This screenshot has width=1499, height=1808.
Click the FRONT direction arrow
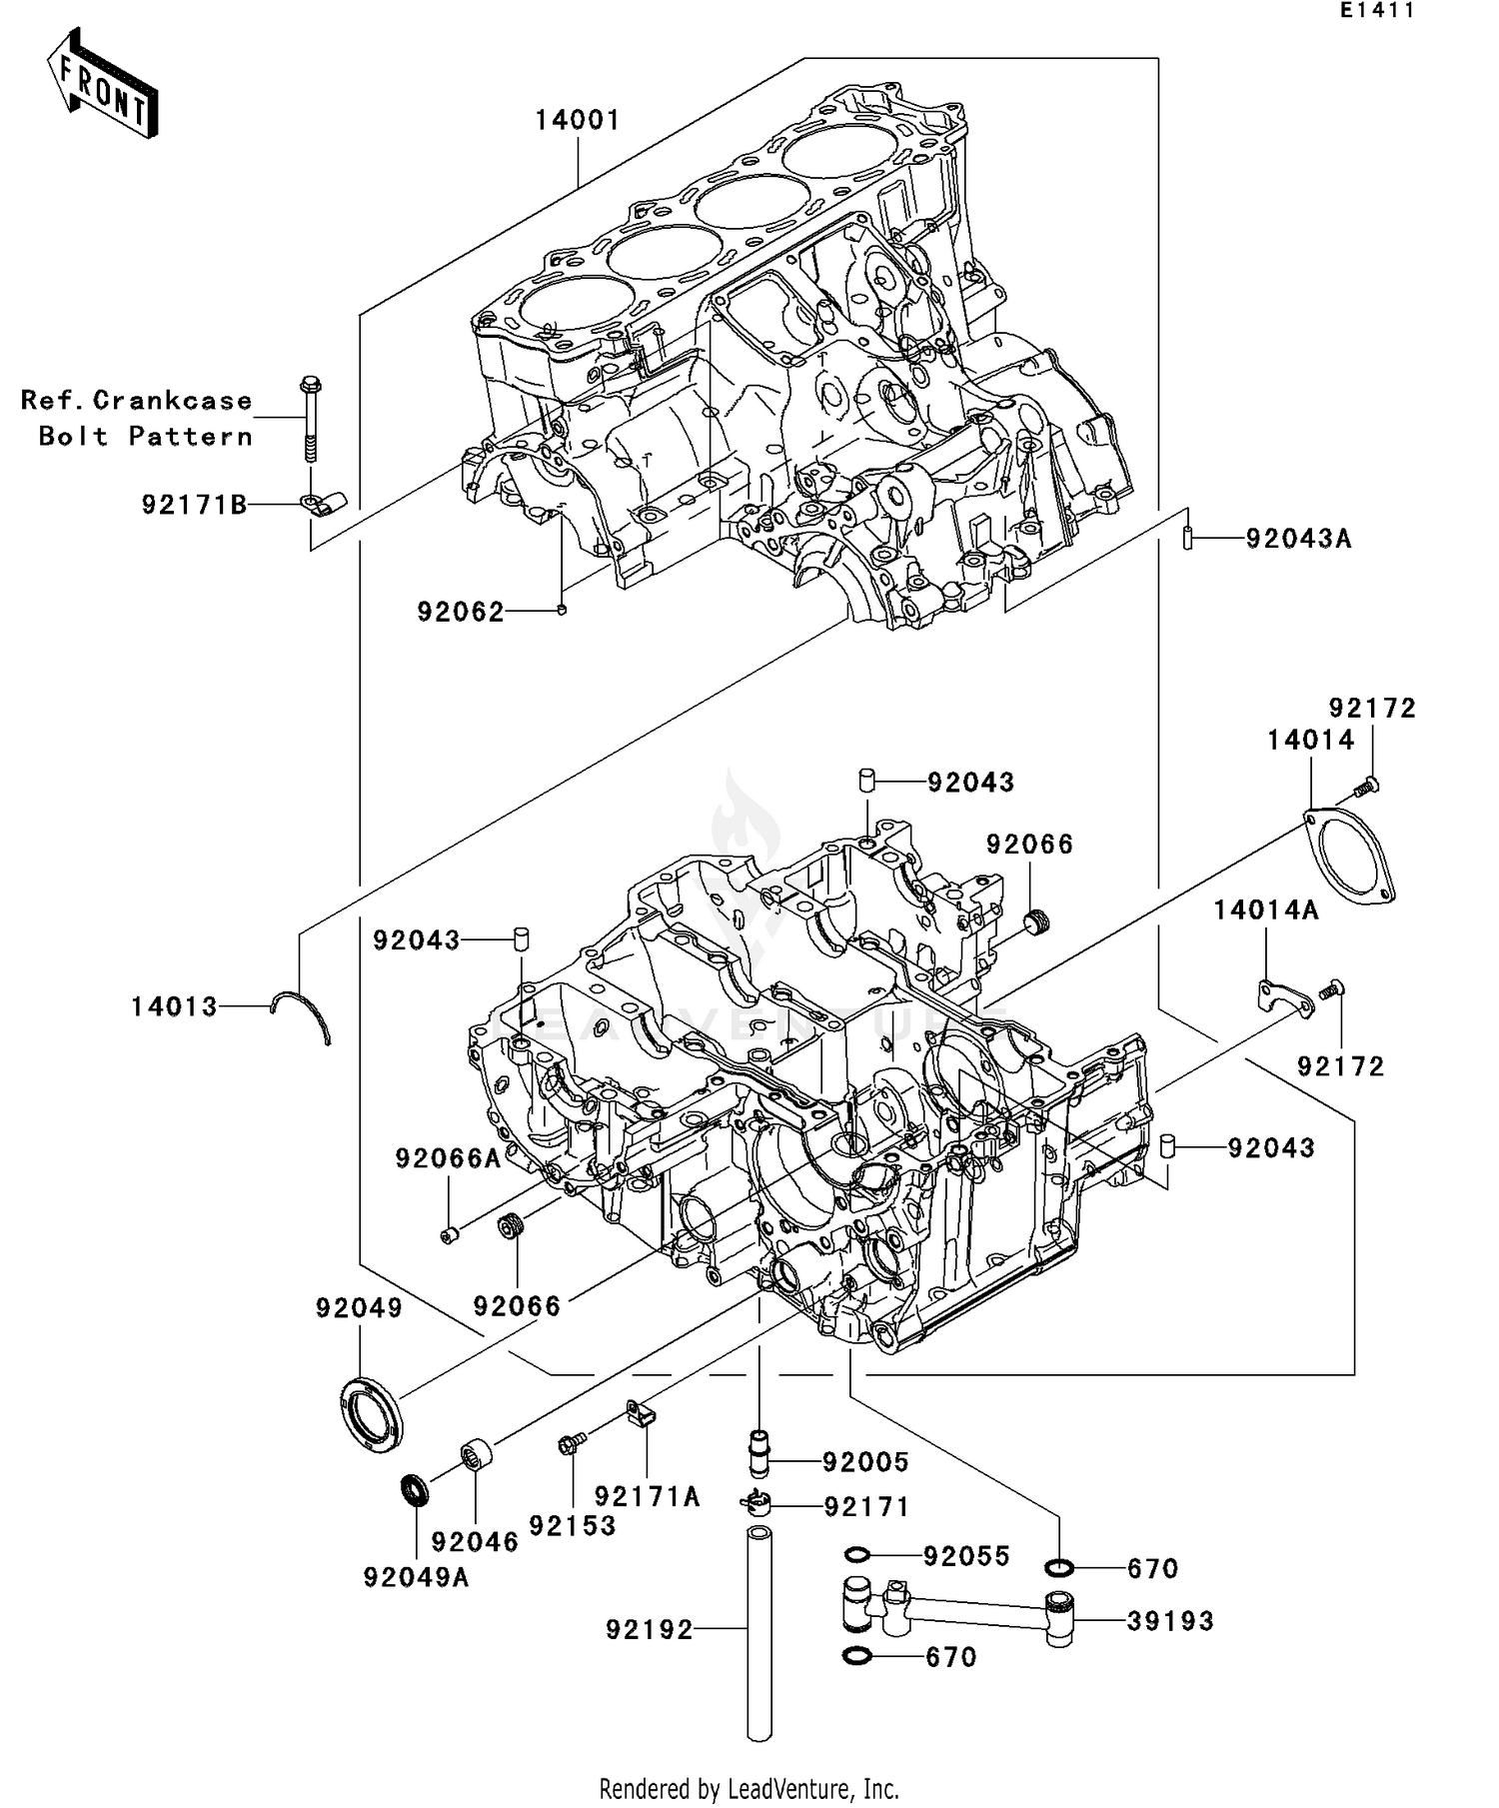pyautogui.click(x=103, y=84)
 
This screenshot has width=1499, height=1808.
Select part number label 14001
pyautogui.click(x=578, y=120)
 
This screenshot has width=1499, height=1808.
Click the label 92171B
pyautogui.click(x=194, y=506)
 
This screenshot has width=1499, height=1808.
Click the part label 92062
pyautogui.click(x=461, y=613)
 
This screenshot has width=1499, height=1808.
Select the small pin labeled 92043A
pyautogui.click(x=1186, y=539)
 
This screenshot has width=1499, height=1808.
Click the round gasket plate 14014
pyautogui.click(x=1349, y=859)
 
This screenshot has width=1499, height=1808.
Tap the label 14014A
pyautogui.click(x=1266, y=909)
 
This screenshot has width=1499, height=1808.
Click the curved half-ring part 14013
pyautogui.click(x=303, y=1011)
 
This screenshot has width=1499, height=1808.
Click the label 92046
pyautogui.click(x=475, y=1542)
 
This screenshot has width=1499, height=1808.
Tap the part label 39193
pyautogui.click(x=1170, y=1621)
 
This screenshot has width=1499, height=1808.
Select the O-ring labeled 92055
pyautogui.click(x=857, y=1555)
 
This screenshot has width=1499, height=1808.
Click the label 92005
pyautogui.click(x=865, y=1462)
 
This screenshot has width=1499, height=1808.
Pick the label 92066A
pyautogui.click(x=447, y=1158)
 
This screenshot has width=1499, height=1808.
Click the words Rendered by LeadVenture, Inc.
pyautogui.click(x=749, y=1788)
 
